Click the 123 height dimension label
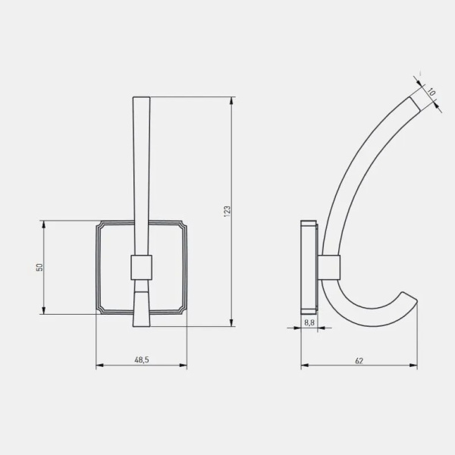point(227,212)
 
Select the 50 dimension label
point(39,267)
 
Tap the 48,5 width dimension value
point(142,359)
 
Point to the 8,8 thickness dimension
point(309,322)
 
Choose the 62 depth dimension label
point(359,361)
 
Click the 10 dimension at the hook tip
point(431,93)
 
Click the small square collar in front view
point(141,268)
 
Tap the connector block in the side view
point(329,267)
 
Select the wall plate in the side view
point(309,267)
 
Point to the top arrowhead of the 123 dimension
point(231,101)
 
